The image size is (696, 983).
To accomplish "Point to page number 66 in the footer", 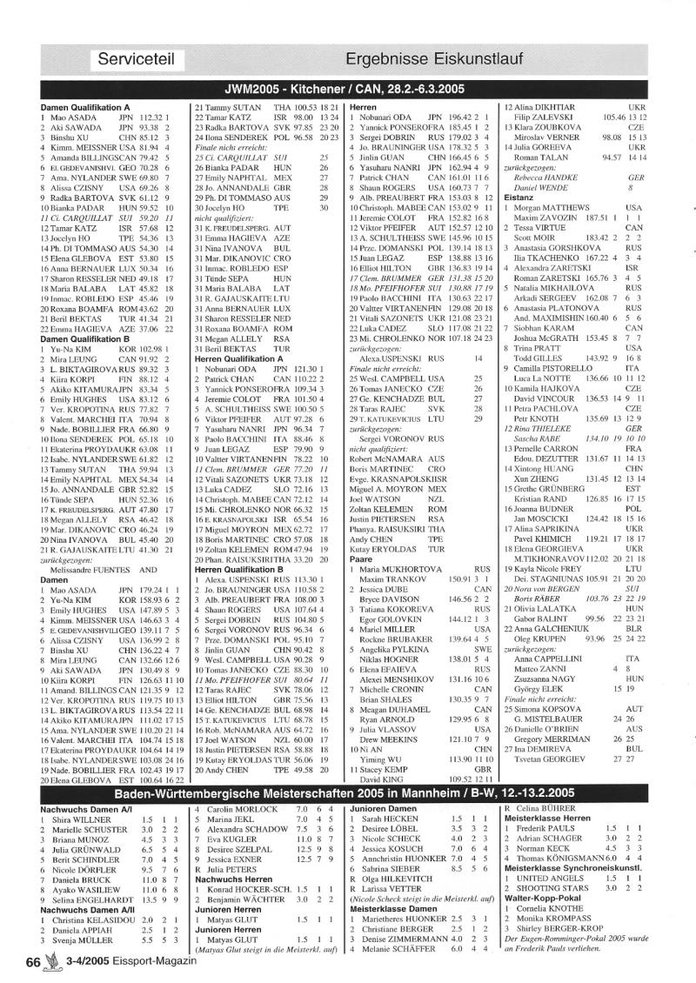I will pyautogui.click(x=34, y=962).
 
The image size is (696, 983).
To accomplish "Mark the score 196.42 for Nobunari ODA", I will pyautogui.click(x=460, y=116).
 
